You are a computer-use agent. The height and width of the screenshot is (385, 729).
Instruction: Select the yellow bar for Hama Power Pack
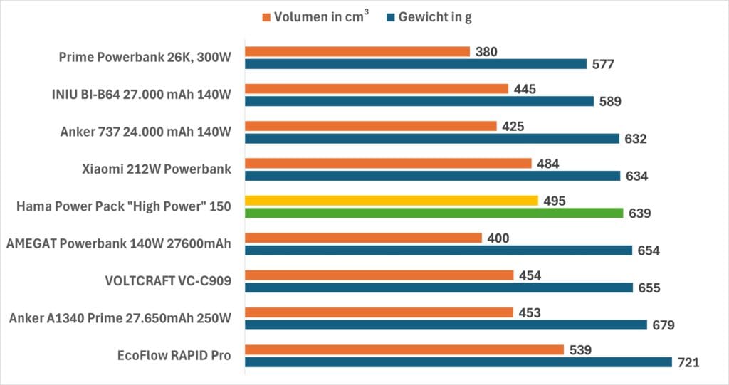click(x=392, y=201)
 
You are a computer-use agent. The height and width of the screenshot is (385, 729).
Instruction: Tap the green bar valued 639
click(x=434, y=213)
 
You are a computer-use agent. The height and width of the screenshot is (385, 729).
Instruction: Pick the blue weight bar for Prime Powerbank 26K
click(x=416, y=64)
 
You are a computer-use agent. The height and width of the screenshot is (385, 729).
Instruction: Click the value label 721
click(x=689, y=362)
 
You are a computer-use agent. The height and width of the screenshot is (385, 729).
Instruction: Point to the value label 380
click(x=487, y=51)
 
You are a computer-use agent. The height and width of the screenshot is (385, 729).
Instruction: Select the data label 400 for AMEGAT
click(x=498, y=238)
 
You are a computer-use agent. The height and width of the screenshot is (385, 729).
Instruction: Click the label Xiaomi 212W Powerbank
click(x=157, y=169)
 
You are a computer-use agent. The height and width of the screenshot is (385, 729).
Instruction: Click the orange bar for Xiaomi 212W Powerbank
click(x=388, y=163)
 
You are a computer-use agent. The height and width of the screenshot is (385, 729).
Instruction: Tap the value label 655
click(x=649, y=288)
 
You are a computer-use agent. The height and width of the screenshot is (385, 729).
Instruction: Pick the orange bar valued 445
click(x=377, y=89)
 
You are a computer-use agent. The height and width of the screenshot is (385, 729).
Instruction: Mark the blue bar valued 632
click(x=432, y=138)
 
